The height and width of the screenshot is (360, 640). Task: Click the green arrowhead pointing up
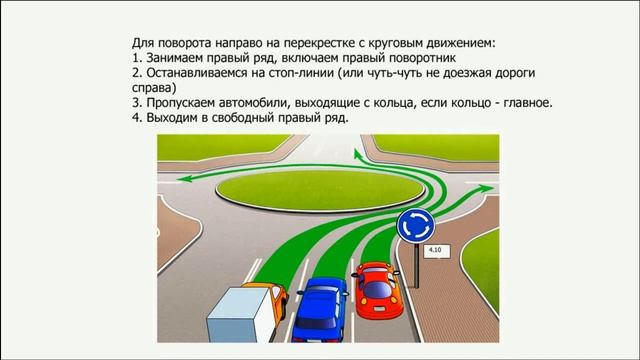[355, 153]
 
